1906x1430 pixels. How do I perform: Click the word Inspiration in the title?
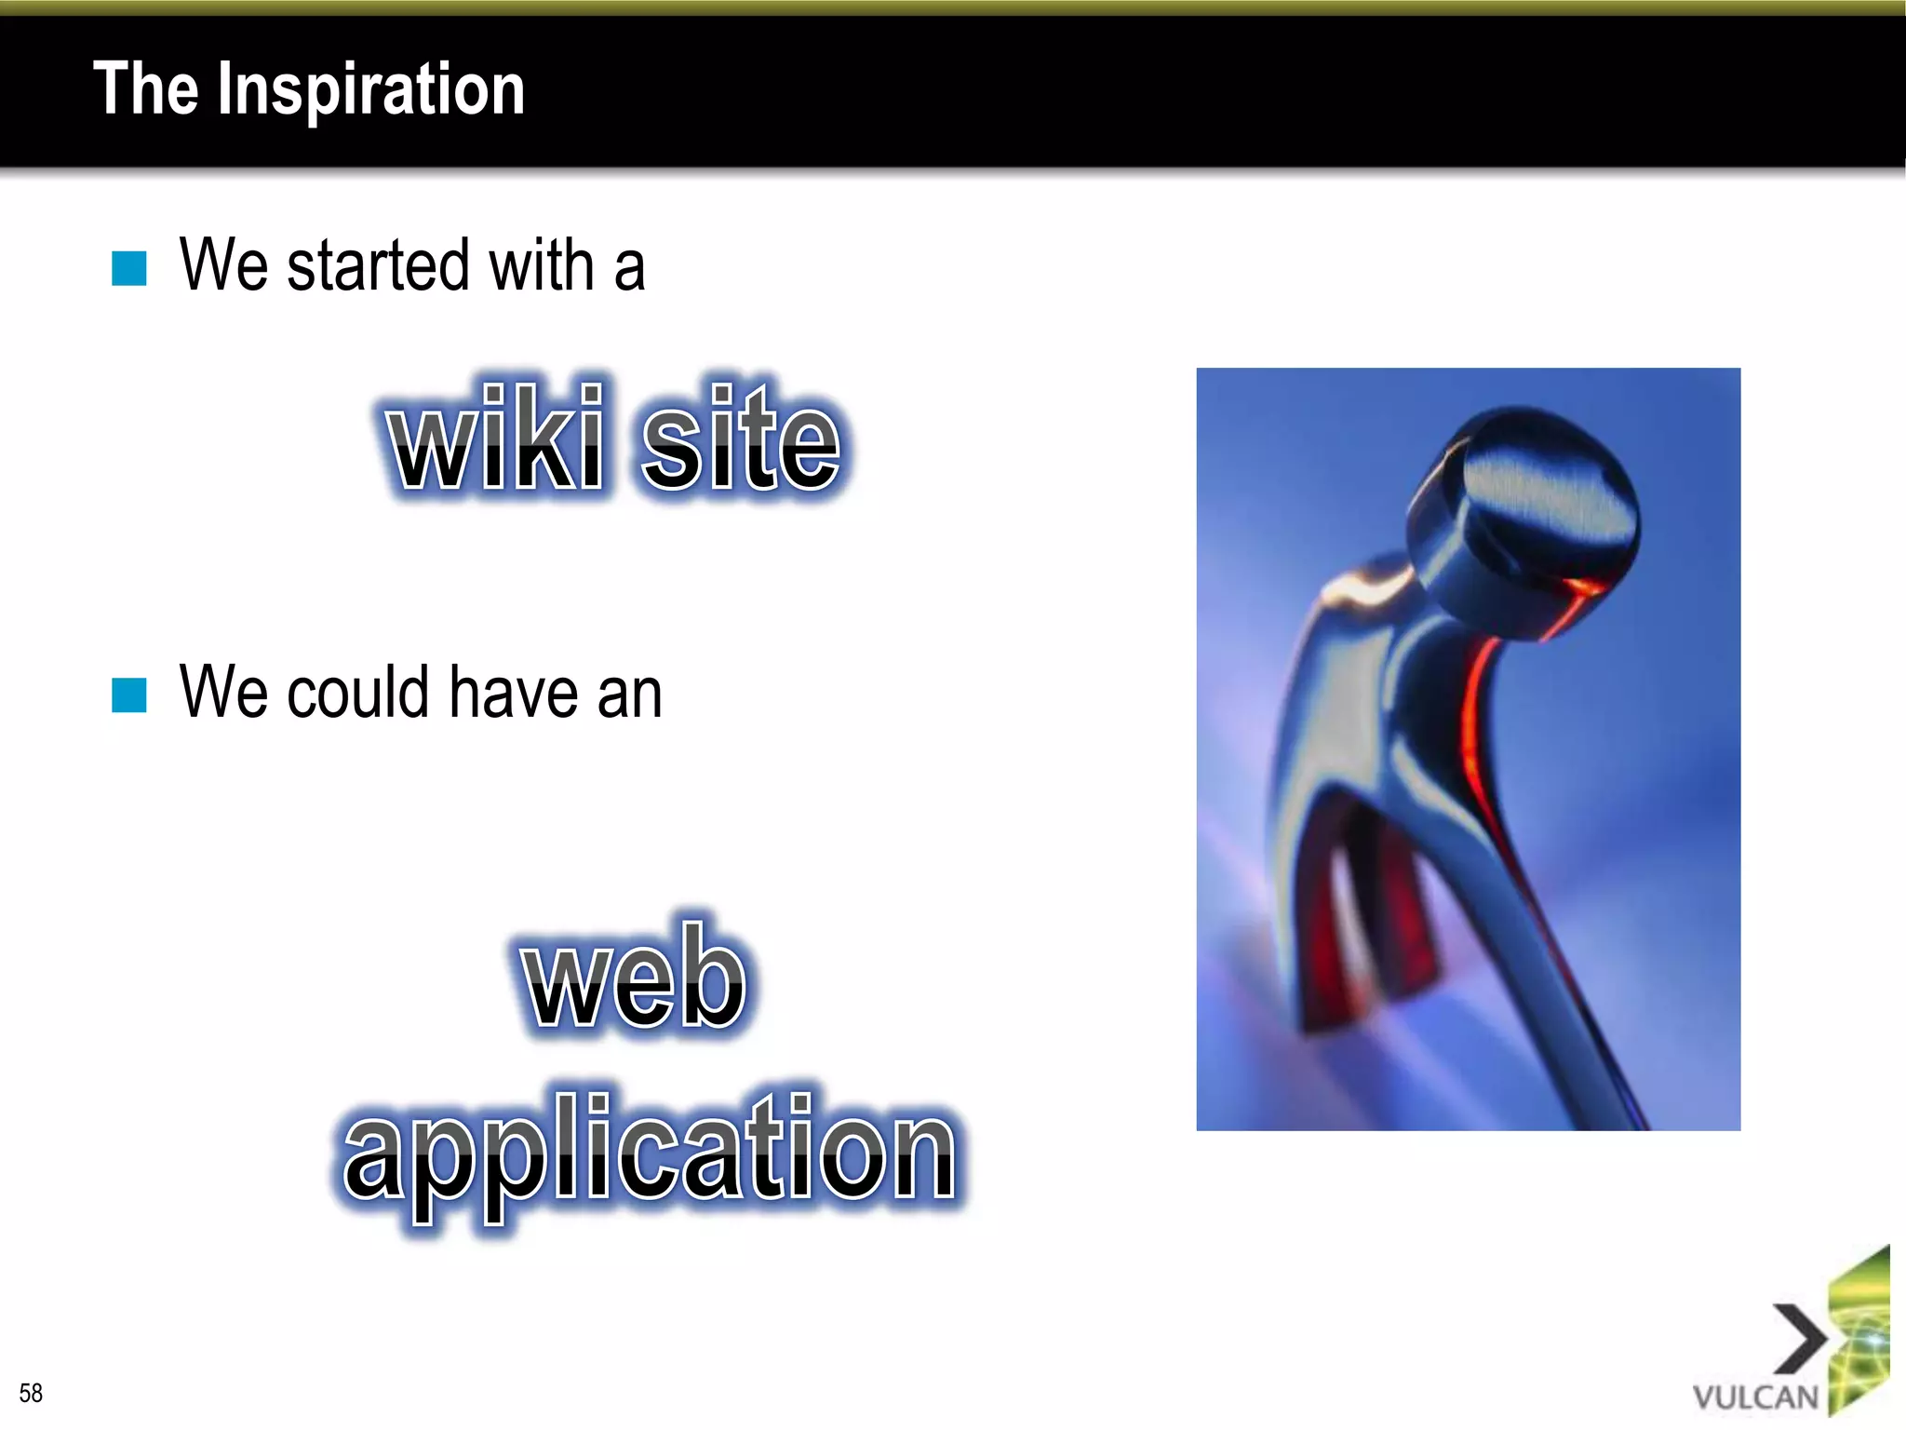(370, 91)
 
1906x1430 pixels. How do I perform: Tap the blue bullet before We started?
(129, 269)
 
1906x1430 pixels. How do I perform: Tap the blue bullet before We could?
(129, 695)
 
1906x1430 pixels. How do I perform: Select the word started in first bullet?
(378, 266)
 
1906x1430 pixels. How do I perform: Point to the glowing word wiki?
(497, 438)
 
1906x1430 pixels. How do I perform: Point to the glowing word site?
(741, 438)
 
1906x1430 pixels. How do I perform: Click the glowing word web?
(635, 978)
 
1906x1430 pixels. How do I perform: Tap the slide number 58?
(31, 1393)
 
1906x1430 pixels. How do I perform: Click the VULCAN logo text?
(1755, 1397)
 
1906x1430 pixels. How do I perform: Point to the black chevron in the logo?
(1801, 1339)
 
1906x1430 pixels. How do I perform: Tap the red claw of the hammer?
(1368, 940)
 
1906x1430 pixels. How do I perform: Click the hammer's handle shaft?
(1564, 1005)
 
